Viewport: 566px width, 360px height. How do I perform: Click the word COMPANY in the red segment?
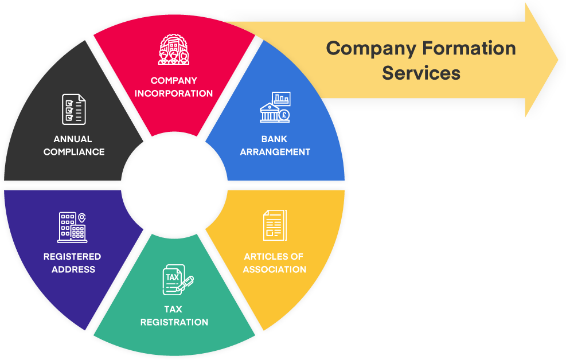click(x=174, y=81)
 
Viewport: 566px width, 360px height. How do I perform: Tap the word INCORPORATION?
click(x=174, y=93)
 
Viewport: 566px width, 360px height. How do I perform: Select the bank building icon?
click(x=275, y=107)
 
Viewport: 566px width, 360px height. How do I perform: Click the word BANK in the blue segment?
click(x=275, y=139)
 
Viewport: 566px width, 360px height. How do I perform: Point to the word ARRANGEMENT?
click(x=275, y=152)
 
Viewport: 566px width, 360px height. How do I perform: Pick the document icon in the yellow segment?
click(x=275, y=225)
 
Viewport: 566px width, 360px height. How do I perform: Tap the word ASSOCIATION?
click(x=275, y=269)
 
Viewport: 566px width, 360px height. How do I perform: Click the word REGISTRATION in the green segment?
click(x=174, y=322)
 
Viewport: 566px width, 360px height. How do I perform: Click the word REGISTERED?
click(x=72, y=256)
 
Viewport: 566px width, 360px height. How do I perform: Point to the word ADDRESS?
click(x=73, y=269)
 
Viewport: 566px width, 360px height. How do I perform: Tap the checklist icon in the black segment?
click(x=74, y=109)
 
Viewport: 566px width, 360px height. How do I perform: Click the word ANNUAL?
click(x=73, y=139)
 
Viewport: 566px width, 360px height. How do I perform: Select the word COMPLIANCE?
click(x=74, y=152)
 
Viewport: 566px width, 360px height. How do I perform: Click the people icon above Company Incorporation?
click(x=174, y=50)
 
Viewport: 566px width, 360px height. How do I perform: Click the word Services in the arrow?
click(x=421, y=73)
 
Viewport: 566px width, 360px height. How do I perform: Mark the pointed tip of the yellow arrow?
click(x=559, y=59)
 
